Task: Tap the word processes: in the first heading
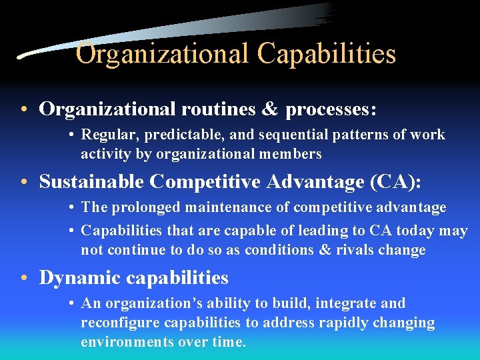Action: [x=331, y=109]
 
